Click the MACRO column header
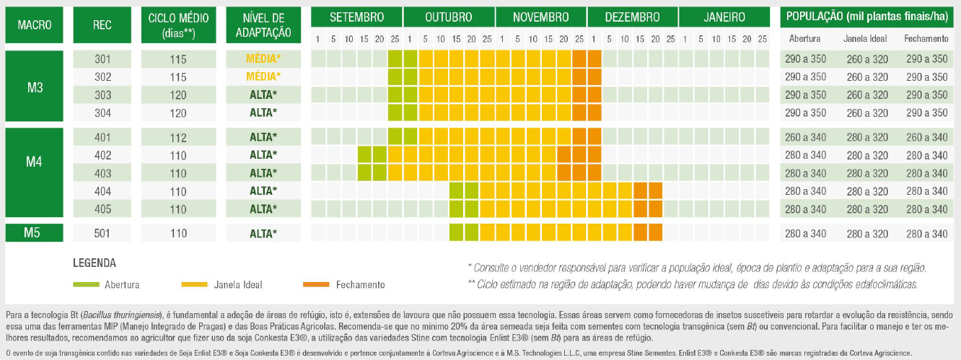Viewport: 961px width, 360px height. (35, 25)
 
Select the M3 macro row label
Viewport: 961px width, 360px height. (35, 87)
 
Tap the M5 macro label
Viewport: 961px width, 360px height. (35, 233)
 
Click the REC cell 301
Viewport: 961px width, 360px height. (102, 59)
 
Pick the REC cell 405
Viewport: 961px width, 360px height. (102, 209)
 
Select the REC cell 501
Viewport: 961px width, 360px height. (102, 234)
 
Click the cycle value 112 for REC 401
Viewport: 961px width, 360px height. (178, 138)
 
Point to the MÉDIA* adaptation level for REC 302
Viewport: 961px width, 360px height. (263, 76)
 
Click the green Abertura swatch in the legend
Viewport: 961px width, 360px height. (87, 284)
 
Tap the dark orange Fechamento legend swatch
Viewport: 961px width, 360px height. (315, 284)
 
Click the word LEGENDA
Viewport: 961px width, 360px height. (95, 263)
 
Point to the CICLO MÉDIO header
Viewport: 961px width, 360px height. (178, 25)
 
